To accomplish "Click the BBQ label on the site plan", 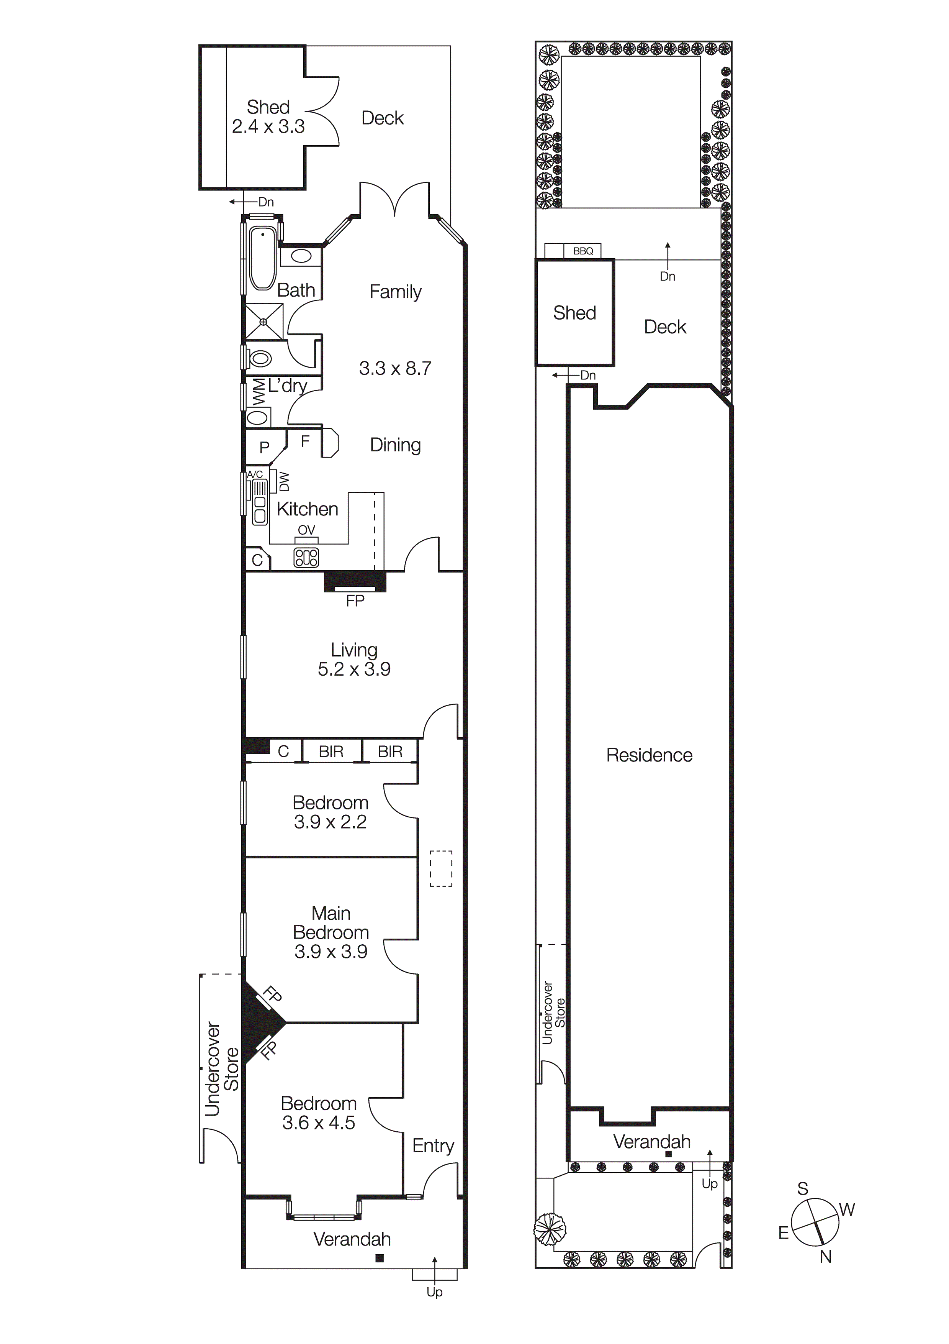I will click(x=583, y=251).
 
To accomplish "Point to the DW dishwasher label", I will click(x=284, y=481).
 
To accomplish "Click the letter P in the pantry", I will click(x=265, y=447).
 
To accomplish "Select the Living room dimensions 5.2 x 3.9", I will click(x=354, y=669).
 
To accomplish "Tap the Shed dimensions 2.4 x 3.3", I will click(x=268, y=126).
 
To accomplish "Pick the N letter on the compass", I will click(x=826, y=1257).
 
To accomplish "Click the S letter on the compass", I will click(x=803, y=1189).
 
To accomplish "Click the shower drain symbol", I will click(x=263, y=322).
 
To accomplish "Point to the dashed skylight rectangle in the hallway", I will click(x=441, y=869).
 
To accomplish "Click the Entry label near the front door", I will click(x=433, y=1145).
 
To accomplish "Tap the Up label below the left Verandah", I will click(x=434, y=1292).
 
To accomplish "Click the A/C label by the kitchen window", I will click(x=255, y=474).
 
